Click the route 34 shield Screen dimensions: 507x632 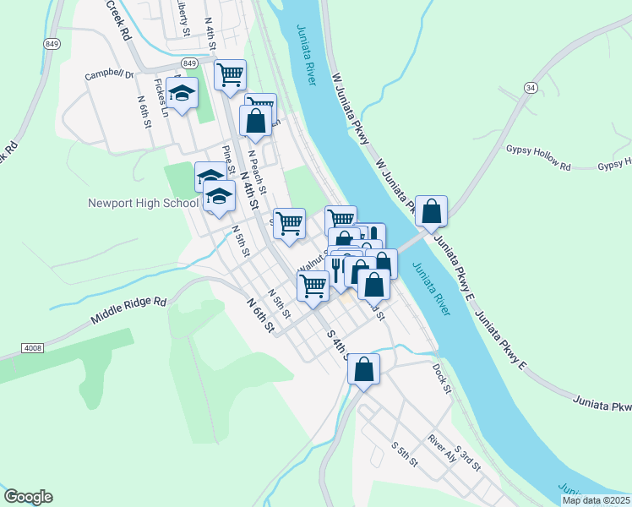[x=530, y=87]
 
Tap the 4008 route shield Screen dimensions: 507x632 [x=31, y=347]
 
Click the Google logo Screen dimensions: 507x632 [x=28, y=497]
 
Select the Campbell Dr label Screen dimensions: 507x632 [x=109, y=76]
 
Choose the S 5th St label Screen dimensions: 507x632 [x=405, y=454]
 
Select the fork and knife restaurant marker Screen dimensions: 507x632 [x=335, y=269]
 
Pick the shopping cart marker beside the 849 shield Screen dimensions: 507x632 [x=230, y=74]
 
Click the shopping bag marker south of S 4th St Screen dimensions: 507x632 [x=363, y=369]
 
